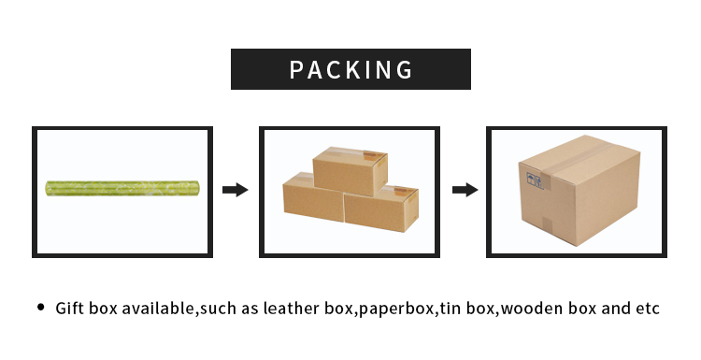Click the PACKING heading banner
click(x=350, y=69)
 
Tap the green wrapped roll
click(x=124, y=189)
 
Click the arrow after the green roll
click(x=235, y=190)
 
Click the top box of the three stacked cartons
click(x=349, y=169)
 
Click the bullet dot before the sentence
click(x=40, y=308)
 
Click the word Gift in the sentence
click(x=71, y=309)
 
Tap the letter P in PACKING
click(x=297, y=70)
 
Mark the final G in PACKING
click(x=403, y=70)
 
